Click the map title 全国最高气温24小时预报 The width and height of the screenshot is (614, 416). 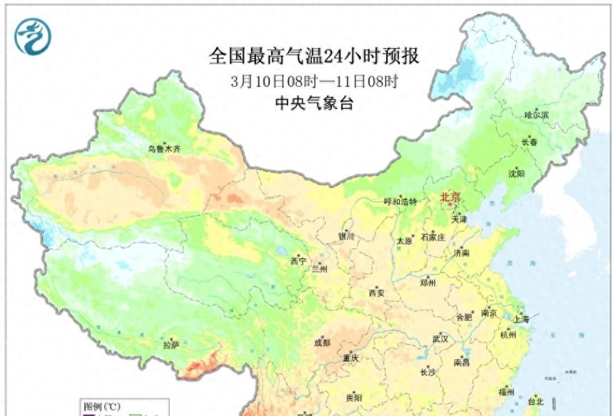coord(314,57)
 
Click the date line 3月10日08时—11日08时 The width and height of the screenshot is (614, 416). coord(314,81)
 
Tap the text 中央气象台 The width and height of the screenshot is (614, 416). coord(314,103)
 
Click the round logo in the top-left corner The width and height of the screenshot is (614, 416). coord(32,36)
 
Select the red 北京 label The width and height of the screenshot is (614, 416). coord(450,197)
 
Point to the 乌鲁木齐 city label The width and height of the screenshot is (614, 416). coord(164,149)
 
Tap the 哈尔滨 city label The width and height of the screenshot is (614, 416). coord(536,115)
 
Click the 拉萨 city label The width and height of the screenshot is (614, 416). coord(171,344)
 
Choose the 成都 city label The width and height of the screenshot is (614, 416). coord(323,342)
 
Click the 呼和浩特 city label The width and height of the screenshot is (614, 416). coord(400,202)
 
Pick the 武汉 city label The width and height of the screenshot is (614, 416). coord(440,339)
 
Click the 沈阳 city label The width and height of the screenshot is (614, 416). coord(516,174)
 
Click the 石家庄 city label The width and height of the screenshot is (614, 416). coord(433,237)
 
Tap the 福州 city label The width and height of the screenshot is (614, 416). coord(506,392)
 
